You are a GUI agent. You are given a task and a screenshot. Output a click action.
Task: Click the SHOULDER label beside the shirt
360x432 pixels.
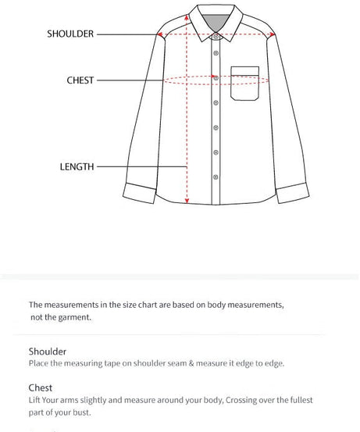[x=70, y=34]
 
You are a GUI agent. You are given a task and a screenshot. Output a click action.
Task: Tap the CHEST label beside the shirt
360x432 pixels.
[x=80, y=80]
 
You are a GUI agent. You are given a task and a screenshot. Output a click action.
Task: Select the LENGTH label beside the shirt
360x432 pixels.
[x=77, y=166]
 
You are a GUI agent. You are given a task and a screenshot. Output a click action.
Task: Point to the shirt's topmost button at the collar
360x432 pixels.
[x=216, y=35]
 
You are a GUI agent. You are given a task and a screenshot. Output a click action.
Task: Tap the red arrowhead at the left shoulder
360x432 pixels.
[x=160, y=34]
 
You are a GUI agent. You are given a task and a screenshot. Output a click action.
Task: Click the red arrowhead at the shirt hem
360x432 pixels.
[x=187, y=200]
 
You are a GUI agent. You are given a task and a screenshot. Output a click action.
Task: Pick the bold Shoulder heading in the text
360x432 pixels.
[x=48, y=352]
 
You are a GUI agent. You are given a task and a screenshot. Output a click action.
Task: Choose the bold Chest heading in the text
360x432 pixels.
[x=41, y=387]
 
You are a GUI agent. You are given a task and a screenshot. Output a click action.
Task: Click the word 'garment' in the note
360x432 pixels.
[x=75, y=317]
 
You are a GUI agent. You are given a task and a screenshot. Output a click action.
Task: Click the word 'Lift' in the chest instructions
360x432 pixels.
[x=34, y=399]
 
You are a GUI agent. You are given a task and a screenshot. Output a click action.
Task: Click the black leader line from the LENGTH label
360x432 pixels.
[x=141, y=166]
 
